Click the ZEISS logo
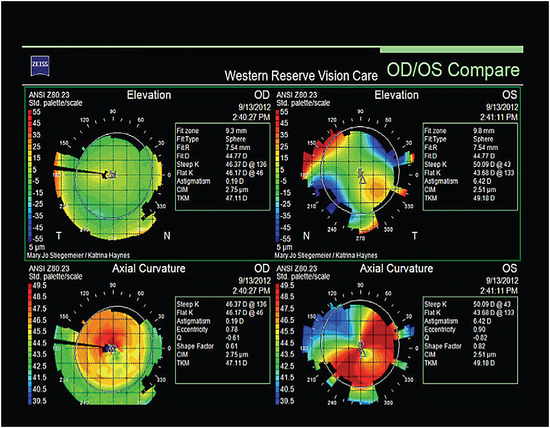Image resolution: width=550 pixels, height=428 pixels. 41,64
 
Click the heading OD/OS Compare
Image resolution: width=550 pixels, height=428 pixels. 453,71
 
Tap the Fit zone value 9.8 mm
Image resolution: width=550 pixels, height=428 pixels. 483,131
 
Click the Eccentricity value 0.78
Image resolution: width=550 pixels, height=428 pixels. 232,330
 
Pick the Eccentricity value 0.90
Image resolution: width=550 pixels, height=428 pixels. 479,330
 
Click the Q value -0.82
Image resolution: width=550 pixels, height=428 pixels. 480,338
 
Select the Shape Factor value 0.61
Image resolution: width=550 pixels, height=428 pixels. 232,346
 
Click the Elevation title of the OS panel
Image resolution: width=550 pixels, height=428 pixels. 396,95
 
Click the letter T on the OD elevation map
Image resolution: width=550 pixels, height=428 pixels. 58,235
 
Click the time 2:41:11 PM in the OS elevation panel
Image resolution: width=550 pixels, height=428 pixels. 497,117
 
